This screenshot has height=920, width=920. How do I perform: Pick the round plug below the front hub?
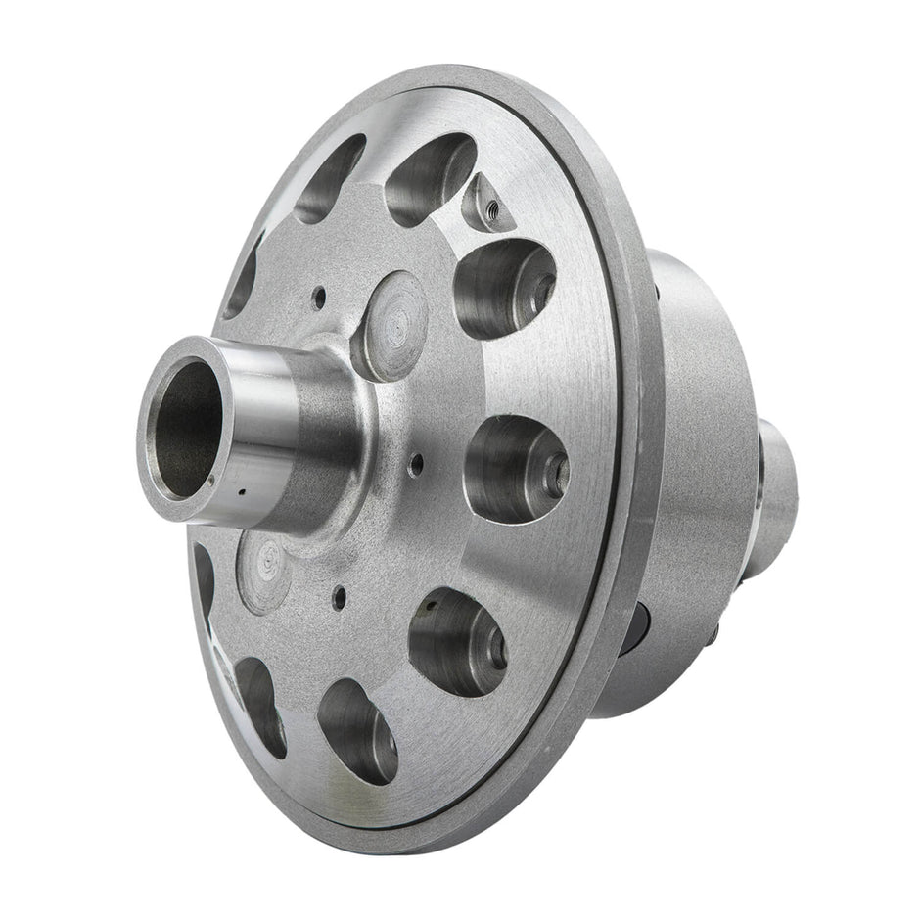(x=262, y=571)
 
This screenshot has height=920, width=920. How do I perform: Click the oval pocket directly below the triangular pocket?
(x=503, y=288)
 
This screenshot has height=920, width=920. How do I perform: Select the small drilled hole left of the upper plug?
(x=319, y=293)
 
